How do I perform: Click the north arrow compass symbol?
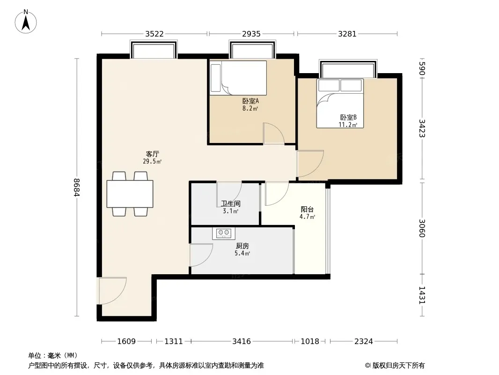[26, 22]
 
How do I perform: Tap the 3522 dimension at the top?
[154, 34]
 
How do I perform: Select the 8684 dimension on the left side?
[76, 187]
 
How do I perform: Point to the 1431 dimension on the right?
[422, 295]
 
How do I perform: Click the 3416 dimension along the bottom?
[242, 342]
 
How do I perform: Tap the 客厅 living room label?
[153, 154]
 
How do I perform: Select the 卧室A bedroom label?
[250, 101]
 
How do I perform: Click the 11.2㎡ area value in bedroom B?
[348, 125]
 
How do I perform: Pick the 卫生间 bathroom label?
[231, 203]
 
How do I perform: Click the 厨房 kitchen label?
[242, 246]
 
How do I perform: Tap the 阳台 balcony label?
[307, 210]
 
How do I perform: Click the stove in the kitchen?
[224, 233]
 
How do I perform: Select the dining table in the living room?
[130, 194]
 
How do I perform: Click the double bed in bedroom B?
[340, 104]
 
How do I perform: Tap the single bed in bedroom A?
[238, 78]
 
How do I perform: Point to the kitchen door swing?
[201, 255]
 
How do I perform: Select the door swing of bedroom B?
[310, 164]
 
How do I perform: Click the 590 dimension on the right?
[422, 68]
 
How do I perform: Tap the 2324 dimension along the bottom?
[364, 342]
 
